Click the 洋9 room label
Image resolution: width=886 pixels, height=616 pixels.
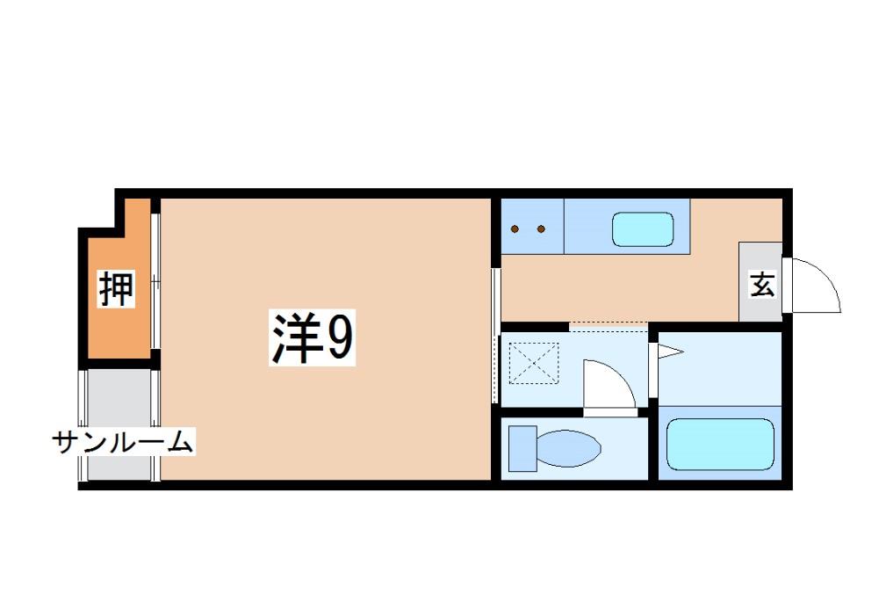[311, 340]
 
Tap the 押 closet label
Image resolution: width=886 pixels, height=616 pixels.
[116, 289]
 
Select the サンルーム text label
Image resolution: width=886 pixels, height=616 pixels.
[123, 441]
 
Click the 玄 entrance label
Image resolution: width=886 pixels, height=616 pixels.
[761, 285]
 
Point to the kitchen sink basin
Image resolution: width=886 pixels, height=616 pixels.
[642, 228]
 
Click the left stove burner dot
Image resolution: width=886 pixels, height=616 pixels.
[518, 229]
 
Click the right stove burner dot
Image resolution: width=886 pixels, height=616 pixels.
[542, 229]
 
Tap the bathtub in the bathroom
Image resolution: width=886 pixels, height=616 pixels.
[719, 445]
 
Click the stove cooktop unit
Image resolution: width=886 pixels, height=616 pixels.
[531, 228]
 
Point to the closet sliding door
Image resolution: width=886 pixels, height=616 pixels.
[155, 281]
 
